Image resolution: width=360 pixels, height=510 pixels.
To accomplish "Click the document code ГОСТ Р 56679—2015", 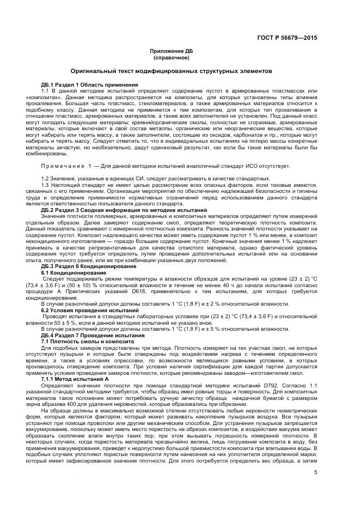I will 287,38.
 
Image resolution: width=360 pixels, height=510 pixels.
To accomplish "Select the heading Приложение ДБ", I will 172,51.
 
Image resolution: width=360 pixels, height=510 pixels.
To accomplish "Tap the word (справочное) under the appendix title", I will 172,57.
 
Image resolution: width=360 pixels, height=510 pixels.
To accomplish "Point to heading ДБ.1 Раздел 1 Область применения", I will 89,84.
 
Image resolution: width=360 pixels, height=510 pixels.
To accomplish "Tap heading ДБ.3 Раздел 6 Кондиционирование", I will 88,266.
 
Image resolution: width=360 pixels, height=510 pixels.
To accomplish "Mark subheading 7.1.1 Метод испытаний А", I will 74,379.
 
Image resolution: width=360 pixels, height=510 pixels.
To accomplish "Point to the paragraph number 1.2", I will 45,179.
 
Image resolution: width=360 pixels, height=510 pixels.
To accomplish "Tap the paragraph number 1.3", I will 45,185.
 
